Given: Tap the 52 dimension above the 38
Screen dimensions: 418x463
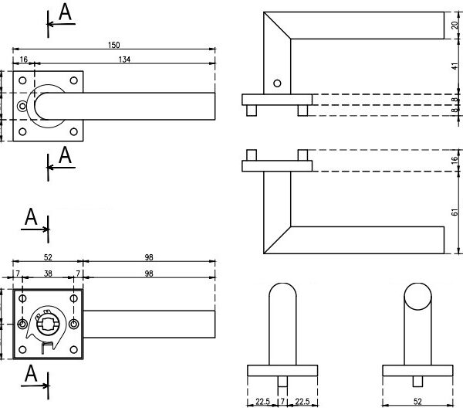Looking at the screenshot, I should [x=48, y=257].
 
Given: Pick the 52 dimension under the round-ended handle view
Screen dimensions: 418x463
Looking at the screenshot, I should [x=417, y=401].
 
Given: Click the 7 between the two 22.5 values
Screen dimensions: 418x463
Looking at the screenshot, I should [x=282, y=401].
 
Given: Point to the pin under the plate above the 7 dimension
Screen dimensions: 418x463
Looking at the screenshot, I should [x=282, y=382].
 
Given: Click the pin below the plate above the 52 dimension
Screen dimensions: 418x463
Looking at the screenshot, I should [x=417, y=381].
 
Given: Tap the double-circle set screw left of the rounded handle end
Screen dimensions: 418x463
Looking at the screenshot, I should [x=22, y=106].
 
